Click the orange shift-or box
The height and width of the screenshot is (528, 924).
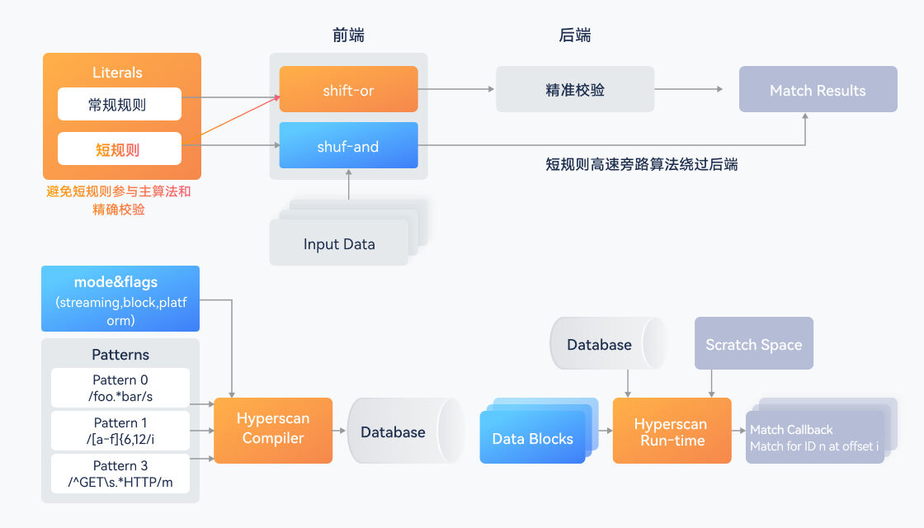click(x=348, y=89)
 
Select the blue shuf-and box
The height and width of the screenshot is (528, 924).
click(x=348, y=146)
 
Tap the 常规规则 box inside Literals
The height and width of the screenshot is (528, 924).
click(x=119, y=105)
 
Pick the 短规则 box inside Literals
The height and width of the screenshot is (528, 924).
click(x=119, y=149)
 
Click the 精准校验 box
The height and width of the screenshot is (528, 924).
click(x=574, y=89)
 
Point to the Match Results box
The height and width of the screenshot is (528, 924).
click(x=817, y=90)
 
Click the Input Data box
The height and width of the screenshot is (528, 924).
click(x=338, y=243)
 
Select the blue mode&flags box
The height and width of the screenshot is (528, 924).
click(x=120, y=299)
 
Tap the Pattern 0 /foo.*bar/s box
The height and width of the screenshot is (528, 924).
click(x=120, y=388)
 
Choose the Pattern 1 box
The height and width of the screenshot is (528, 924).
click(x=120, y=431)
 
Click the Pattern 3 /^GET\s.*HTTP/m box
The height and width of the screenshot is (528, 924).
click(x=120, y=474)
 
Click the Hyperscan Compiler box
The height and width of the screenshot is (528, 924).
click(x=273, y=429)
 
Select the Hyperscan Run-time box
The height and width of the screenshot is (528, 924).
click(x=671, y=431)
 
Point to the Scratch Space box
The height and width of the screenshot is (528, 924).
click(x=753, y=344)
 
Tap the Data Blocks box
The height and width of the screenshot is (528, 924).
click(x=532, y=438)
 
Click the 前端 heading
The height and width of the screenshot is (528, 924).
click(x=348, y=35)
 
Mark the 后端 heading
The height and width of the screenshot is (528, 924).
click(x=574, y=35)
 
